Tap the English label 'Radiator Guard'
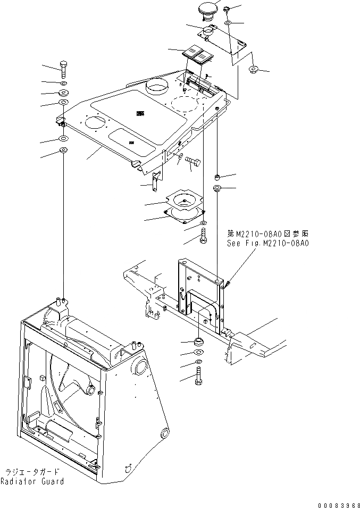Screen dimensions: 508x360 [x=32, y=481]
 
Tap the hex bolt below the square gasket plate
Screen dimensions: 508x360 [x=204, y=237]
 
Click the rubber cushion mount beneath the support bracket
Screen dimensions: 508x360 [x=199, y=340]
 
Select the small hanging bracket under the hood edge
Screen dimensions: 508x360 [x=156, y=182]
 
